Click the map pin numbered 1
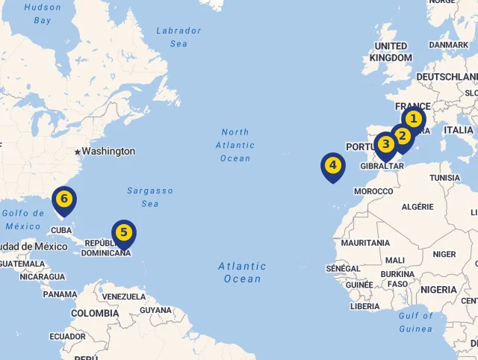tap(413, 120)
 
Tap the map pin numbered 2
tap(402, 137)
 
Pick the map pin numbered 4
tap(332, 166)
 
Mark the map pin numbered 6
tap(64, 199)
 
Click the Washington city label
tap(108, 151)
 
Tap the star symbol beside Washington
tap(77, 152)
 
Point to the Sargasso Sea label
tap(149, 197)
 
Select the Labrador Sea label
tap(179, 37)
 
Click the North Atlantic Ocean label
tap(235, 145)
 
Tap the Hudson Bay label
tap(43, 13)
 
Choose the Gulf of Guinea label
tap(416, 322)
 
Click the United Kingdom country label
tap(391, 52)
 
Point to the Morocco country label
tap(373, 191)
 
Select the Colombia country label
tap(95, 314)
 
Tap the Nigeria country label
tap(438, 290)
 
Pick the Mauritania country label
tap(365, 243)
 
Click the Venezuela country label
tap(123, 297)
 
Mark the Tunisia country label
tap(445, 178)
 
